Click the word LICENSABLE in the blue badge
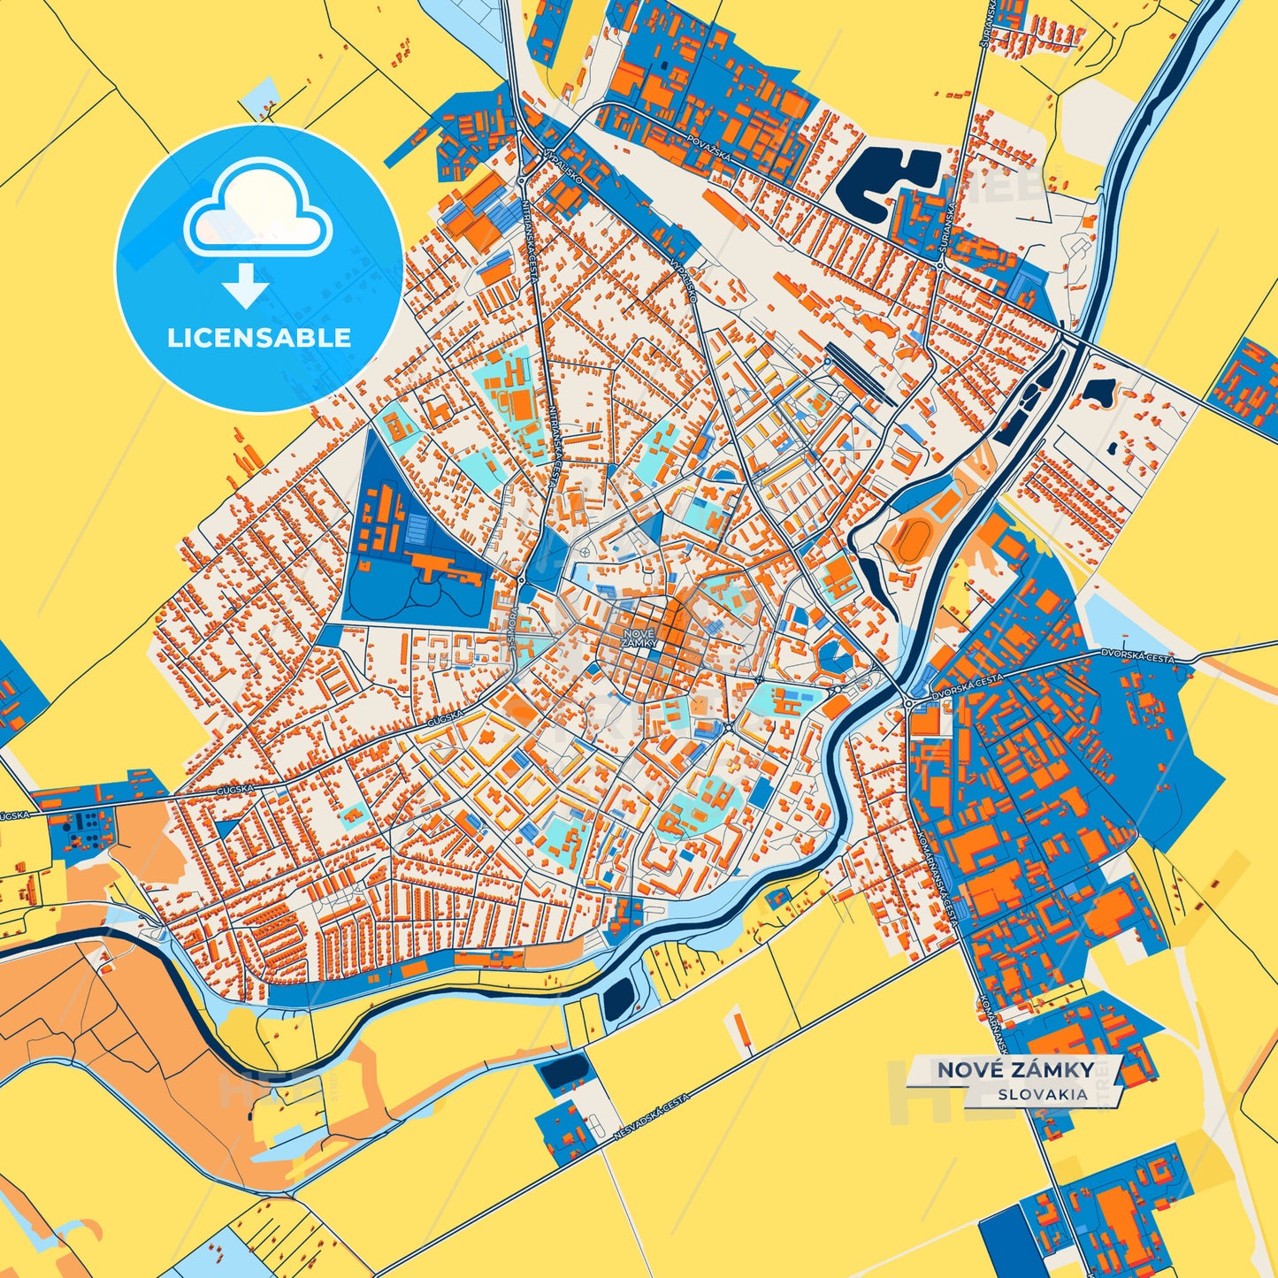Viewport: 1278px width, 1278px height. click(x=259, y=338)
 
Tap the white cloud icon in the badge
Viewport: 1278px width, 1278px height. click(x=257, y=209)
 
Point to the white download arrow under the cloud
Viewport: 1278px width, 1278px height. click(x=246, y=286)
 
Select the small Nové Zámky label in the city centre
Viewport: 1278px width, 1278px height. click(x=639, y=639)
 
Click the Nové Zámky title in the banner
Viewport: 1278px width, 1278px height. click(x=1014, y=1070)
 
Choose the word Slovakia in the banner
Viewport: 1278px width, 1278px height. click(x=1043, y=1094)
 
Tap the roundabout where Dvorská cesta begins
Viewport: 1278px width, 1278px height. click(x=908, y=704)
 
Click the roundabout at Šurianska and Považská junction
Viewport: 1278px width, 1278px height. click(x=939, y=264)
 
